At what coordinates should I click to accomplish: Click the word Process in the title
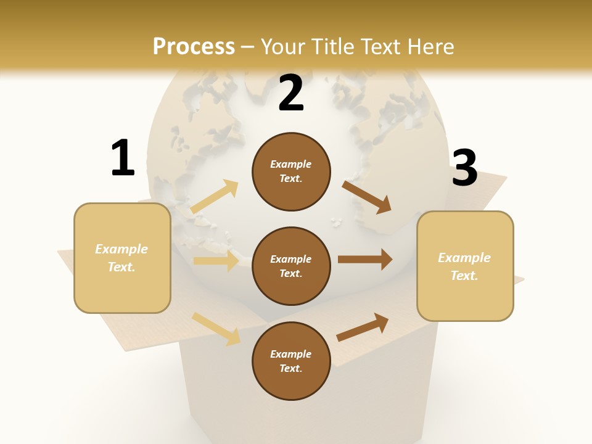tap(194, 46)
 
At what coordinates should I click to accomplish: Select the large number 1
tap(123, 158)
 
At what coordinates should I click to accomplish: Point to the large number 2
tap(291, 93)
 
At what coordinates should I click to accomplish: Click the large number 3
tap(464, 168)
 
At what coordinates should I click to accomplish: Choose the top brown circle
tap(291, 171)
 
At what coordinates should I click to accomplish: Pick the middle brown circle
tap(291, 266)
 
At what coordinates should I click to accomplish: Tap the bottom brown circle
tap(291, 361)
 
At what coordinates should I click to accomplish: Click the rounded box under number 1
tap(122, 258)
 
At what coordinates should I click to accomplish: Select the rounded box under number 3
tap(465, 266)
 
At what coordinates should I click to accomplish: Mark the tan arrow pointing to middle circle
tap(216, 261)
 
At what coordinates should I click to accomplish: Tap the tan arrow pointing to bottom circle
tap(216, 328)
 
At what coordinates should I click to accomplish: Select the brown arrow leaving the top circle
tap(366, 197)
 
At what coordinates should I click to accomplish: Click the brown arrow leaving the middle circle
tap(364, 260)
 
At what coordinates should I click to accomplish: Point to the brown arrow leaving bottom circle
tap(363, 327)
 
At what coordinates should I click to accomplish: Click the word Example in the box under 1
tap(121, 249)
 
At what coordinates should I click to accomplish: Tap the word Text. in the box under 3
tap(464, 276)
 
